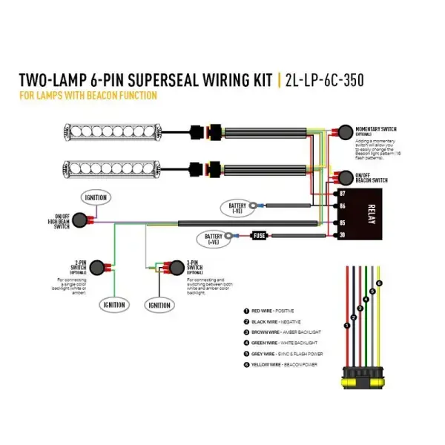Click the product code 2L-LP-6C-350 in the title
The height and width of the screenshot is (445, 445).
(x=323, y=80)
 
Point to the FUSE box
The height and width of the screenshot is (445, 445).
(x=260, y=235)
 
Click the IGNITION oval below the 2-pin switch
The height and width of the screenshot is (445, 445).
(x=113, y=304)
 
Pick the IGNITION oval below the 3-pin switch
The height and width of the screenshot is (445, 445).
(x=159, y=304)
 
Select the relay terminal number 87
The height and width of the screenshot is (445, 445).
(x=342, y=191)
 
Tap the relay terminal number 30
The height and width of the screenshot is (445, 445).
(x=342, y=236)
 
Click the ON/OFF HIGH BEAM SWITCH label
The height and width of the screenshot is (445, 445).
(x=62, y=220)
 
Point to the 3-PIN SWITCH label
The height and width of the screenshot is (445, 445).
(x=196, y=264)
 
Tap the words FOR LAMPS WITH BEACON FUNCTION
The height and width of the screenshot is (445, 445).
(x=88, y=95)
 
